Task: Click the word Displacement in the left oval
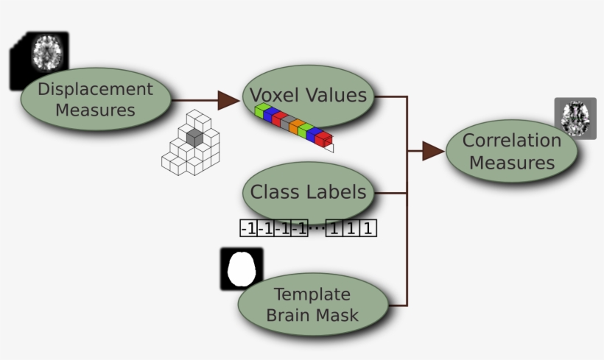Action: [x=96, y=89]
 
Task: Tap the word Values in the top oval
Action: [x=338, y=95]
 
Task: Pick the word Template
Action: [x=312, y=294]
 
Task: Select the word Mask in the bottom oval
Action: [x=340, y=315]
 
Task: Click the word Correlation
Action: [x=512, y=140]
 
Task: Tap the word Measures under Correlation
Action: [x=512, y=162]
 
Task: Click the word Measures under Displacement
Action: [x=96, y=110]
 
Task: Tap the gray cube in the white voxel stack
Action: [x=194, y=136]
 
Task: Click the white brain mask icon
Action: [x=242, y=269]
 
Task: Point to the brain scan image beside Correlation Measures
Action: [x=575, y=119]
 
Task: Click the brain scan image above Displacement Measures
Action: [x=49, y=52]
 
